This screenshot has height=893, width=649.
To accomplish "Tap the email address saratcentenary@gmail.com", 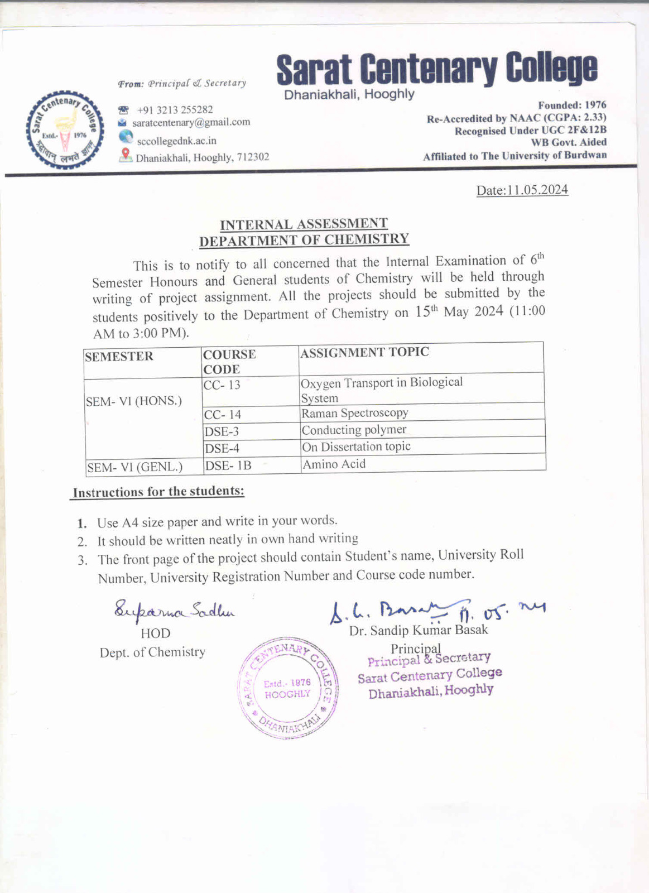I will [191, 122].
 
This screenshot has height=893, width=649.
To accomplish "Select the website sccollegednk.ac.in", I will [176, 141].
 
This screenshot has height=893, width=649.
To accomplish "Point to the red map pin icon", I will [126, 155].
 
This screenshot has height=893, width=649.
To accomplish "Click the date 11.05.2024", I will [537, 190].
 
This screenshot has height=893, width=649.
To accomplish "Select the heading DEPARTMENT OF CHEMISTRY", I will [304, 240].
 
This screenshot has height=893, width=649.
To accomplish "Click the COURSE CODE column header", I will [229, 362].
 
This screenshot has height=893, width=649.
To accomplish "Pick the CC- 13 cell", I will [222, 385].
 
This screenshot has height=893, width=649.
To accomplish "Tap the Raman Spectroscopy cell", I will [355, 413].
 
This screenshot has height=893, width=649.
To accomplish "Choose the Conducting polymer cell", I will [354, 430].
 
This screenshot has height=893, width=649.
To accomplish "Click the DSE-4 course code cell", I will [222, 448].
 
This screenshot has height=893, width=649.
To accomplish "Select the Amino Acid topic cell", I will [334, 464].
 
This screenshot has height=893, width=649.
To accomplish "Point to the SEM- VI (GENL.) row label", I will [134, 467].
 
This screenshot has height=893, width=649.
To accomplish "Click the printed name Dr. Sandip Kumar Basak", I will [419, 630].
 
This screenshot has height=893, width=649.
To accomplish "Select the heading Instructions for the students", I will [158, 492].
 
